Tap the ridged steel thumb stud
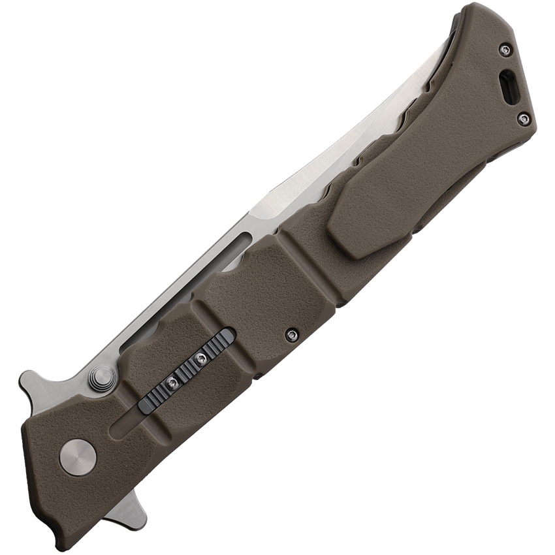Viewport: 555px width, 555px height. click(102, 378)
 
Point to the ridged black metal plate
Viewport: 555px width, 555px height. click(186, 371)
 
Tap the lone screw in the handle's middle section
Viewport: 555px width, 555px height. click(292, 335)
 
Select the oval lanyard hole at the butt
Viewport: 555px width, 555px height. click(509, 86)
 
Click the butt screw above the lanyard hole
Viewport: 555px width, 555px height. click(505, 50)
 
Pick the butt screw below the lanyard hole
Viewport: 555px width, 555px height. click(524, 119)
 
